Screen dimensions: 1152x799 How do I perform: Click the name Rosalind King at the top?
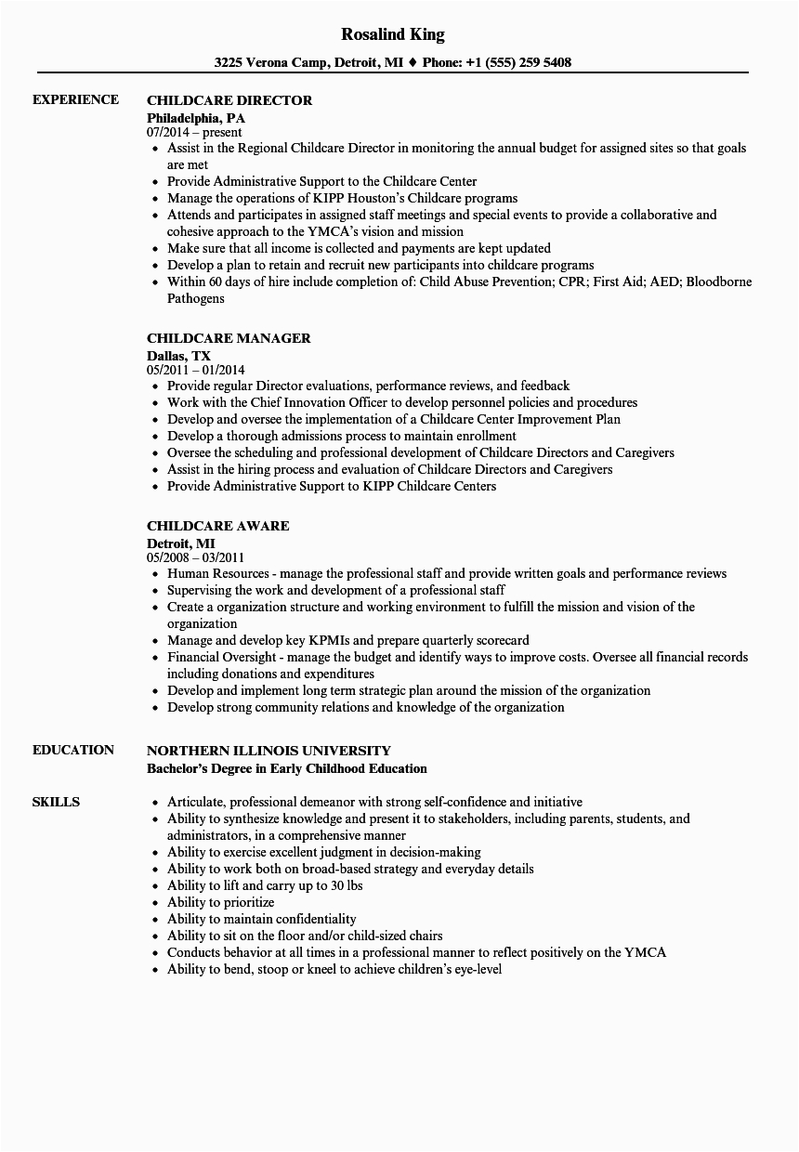tap(393, 34)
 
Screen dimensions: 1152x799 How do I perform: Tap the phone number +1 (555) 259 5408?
tap(524, 63)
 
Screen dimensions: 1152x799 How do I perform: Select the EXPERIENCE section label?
tap(75, 99)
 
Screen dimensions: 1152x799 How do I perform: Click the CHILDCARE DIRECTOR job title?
tap(229, 99)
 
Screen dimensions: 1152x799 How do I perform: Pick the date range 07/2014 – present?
tap(194, 133)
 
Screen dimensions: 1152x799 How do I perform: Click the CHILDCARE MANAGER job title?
tap(229, 338)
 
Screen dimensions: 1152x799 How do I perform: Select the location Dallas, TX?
tap(178, 355)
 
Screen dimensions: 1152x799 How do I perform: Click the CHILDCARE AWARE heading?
tap(217, 526)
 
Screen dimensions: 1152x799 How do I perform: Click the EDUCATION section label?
tap(72, 750)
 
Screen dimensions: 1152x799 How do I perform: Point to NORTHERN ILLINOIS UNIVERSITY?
tap(269, 750)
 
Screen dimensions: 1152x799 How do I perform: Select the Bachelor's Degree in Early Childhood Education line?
tap(287, 768)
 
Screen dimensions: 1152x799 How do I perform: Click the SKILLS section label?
tap(56, 802)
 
